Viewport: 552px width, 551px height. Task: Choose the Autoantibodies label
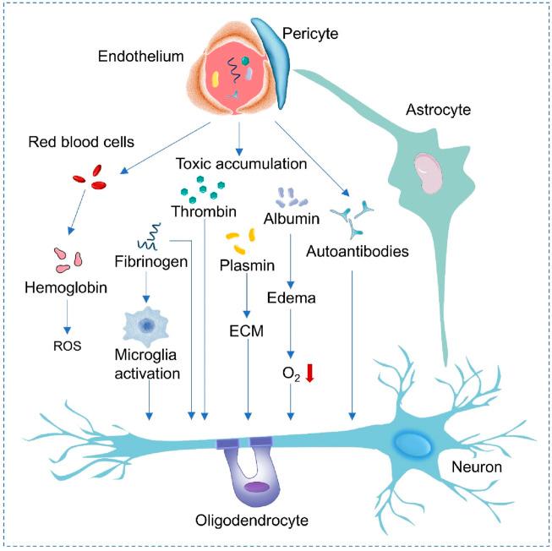click(x=363, y=251)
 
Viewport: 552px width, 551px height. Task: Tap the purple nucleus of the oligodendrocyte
click(x=257, y=487)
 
